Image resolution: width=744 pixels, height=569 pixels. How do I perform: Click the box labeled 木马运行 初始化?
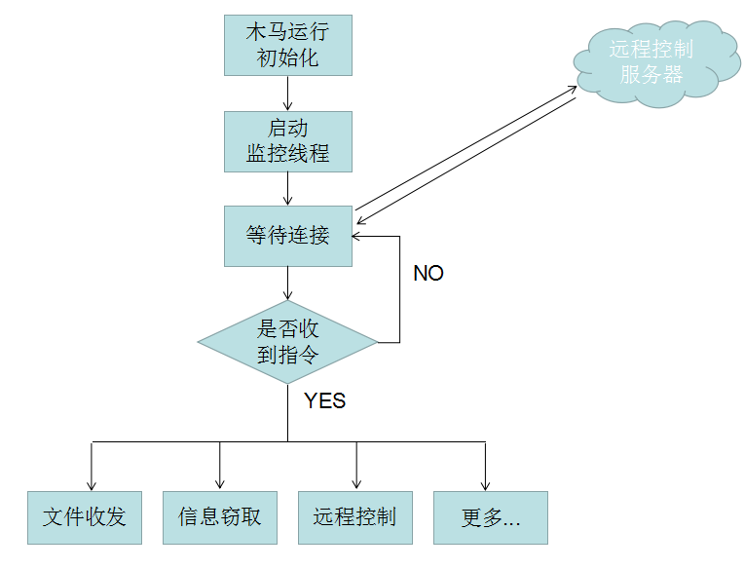click(x=287, y=45)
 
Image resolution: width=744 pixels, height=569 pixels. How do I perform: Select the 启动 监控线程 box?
click(x=287, y=141)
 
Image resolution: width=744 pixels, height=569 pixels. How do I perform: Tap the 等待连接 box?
click(x=287, y=235)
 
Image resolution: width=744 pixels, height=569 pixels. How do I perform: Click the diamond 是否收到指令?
click(x=287, y=342)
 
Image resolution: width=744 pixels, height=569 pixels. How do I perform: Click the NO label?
click(x=428, y=274)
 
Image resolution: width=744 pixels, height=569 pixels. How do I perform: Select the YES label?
click(x=324, y=400)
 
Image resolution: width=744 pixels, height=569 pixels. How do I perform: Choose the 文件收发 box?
click(x=85, y=516)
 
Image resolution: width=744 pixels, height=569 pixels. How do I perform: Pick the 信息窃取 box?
click(x=220, y=516)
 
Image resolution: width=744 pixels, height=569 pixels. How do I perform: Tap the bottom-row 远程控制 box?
click(x=354, y=516)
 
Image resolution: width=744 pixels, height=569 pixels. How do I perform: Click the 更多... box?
click(x=490, y=516)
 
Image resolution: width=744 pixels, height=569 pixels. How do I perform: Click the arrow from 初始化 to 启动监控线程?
click(x=287, y=94)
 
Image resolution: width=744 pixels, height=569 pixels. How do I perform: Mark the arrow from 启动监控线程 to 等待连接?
click(x=287, y=189)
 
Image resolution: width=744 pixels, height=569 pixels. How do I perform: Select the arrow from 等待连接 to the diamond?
click(x=287, y=284)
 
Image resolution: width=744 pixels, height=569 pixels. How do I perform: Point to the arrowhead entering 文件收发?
click(x=92, y=484)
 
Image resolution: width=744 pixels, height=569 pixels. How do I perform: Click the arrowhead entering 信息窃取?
click(x=220, y=484)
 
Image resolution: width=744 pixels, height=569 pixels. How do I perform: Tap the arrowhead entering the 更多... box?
click(x=485, y=484)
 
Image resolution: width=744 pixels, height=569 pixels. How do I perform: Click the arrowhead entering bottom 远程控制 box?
click(x=355, y=484)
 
